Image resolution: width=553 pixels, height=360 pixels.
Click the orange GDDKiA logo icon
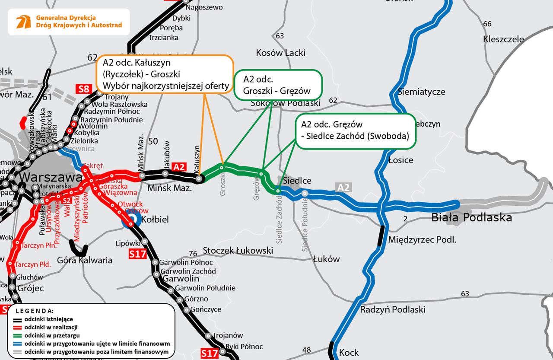pos(23,22)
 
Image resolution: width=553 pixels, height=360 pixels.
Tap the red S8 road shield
pos(84,90)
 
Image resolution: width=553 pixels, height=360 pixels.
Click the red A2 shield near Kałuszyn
pos(178,167)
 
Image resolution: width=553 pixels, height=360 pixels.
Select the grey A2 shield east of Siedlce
pos(343,188)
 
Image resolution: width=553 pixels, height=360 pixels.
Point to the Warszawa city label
pos(51,178)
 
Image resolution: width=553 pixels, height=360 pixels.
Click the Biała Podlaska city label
pos(472,217)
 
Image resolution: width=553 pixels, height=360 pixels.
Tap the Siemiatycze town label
pos(421,92)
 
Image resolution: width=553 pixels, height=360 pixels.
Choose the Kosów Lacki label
pos(281,53)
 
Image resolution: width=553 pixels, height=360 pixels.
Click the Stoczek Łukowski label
pos(238,250)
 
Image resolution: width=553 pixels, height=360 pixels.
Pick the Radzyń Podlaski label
pos(393,309)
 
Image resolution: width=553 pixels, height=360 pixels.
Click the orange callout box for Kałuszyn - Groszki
pos(165,74)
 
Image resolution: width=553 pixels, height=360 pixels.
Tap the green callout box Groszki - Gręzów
pos(278,85)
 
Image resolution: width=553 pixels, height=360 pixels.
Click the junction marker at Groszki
pos(222,167)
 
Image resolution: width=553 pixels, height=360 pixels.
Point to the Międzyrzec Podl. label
pos(422,239)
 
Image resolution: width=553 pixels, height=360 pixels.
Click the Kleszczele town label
pos(503,39)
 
